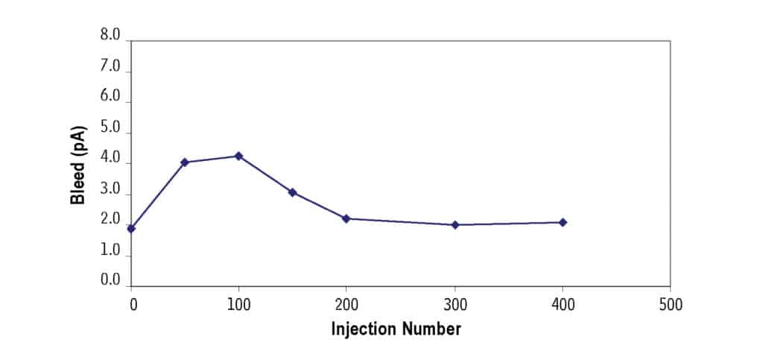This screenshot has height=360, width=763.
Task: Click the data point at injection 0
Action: coord(131,228)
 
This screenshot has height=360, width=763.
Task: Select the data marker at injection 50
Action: coord(185,162)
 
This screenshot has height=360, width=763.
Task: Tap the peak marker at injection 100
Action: coord(238,156)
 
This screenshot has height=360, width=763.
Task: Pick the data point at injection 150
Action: coord(292,192)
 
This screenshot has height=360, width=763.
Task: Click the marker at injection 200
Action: coord(346,218)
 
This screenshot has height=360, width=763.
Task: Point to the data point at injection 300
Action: coord(455,224)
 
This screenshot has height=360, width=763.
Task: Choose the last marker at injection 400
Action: coord(563,222)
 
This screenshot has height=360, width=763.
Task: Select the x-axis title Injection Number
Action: coord(396,329)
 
